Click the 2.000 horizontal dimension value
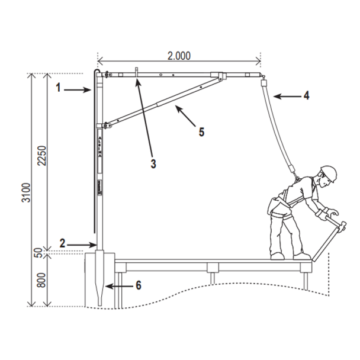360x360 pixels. (x=179, y=56)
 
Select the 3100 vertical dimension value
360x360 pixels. (x=26, y=192)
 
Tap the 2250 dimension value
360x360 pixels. (x=43, y=156)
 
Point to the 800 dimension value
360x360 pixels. (x=41, y=280)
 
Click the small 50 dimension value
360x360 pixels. (x=39, y=253)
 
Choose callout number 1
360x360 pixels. (x=59, y=88)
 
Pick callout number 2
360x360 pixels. (x=62, y=243)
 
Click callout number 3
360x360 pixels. (x=153, y=164)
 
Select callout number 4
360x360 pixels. (x=306, y=95)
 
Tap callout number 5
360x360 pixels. (x=201, y=132)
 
